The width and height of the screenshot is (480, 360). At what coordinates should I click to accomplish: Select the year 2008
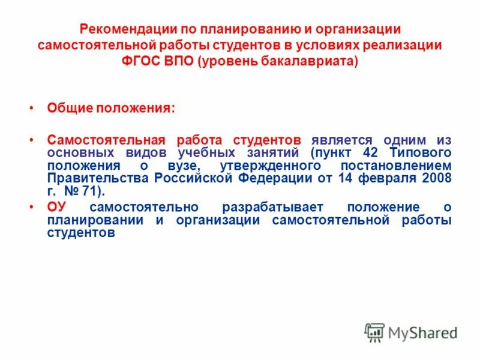point(437,179)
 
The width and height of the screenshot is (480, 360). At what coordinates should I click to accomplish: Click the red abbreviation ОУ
point(55,207)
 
